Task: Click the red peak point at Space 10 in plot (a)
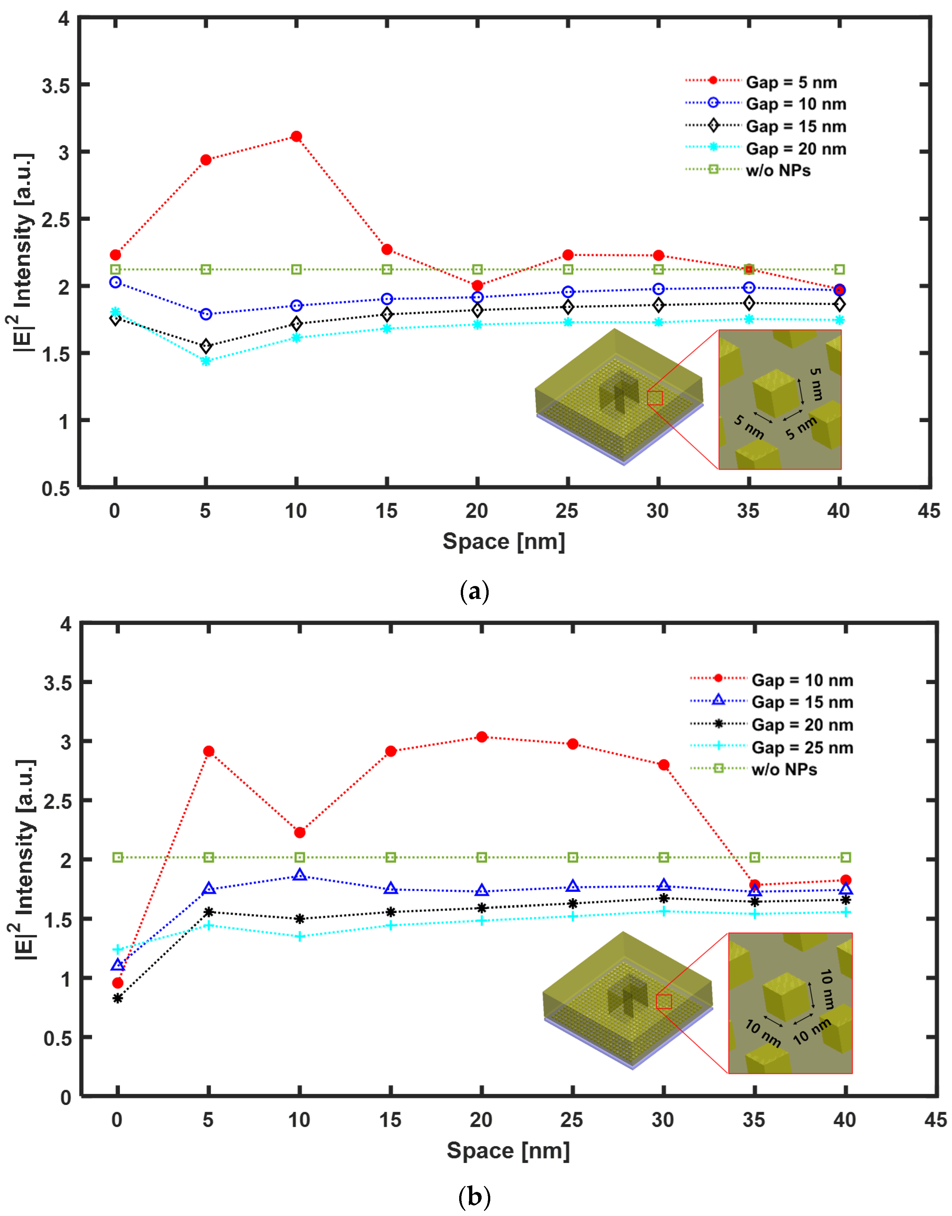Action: click(x=297, y=137)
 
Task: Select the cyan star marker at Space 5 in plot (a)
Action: click(x=206, y=361)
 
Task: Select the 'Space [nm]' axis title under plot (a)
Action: click(x=503, y=541)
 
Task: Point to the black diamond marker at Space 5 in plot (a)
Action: click(x=206, y=346)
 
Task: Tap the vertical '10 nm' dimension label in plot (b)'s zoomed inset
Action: click(x=827, y=989)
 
